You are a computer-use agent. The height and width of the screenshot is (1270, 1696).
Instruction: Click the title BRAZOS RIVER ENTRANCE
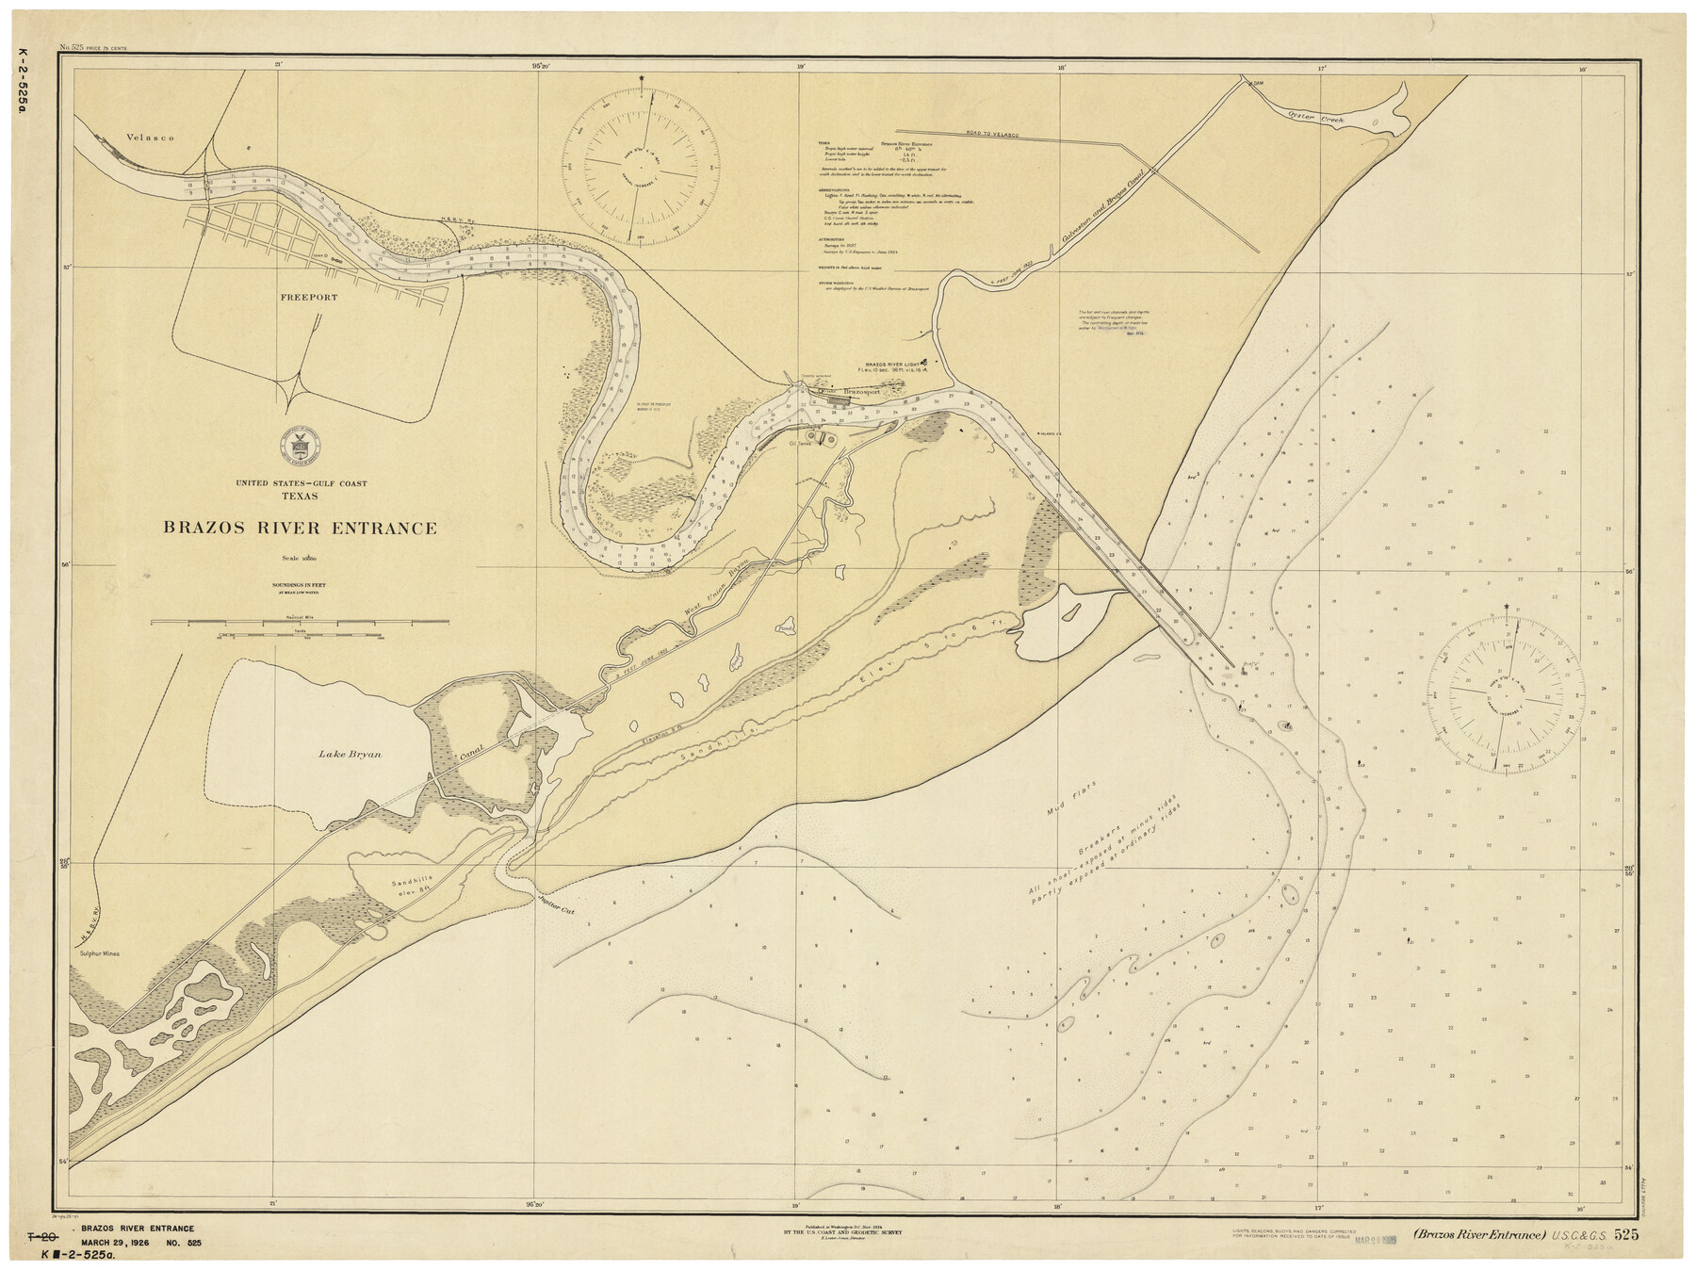coord(301,529)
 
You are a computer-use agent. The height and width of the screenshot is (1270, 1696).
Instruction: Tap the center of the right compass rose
coord(1504,696)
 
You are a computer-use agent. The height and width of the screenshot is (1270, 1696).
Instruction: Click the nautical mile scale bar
coord(299,623)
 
